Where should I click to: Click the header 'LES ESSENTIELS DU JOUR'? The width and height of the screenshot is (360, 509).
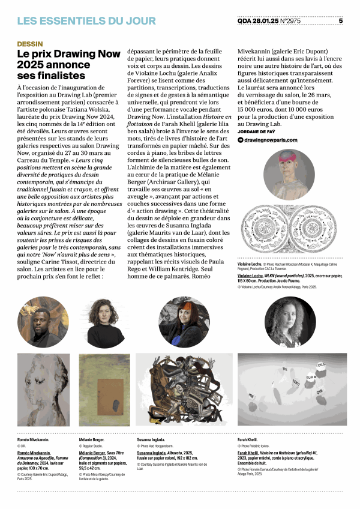click(86, 21)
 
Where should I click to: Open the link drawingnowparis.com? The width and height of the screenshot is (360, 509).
click(271, 140)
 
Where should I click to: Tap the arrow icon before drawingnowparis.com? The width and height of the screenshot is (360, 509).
click(241, 140)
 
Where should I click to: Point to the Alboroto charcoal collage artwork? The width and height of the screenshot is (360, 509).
click(184, 390)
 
